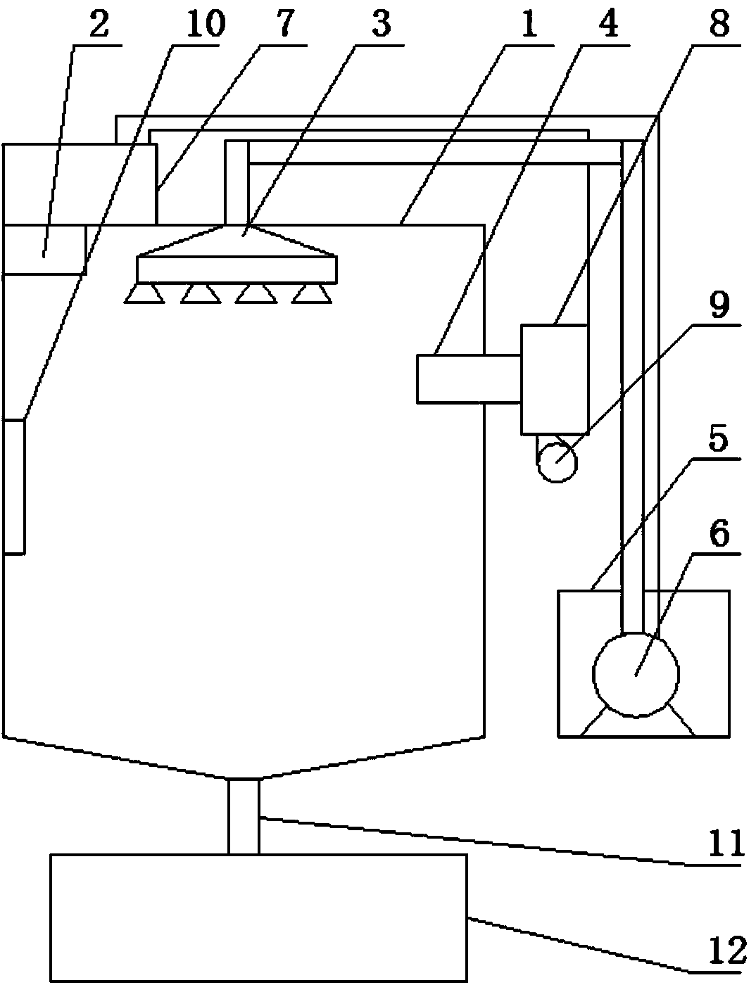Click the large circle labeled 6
[x=636, y=674]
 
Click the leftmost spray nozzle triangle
[x=144, y=295]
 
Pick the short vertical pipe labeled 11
[x=244, y=816]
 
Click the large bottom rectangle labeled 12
[x=258, y=917]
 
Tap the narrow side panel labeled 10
[x=13, y=487]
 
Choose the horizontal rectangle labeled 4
[x=468, y=379]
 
